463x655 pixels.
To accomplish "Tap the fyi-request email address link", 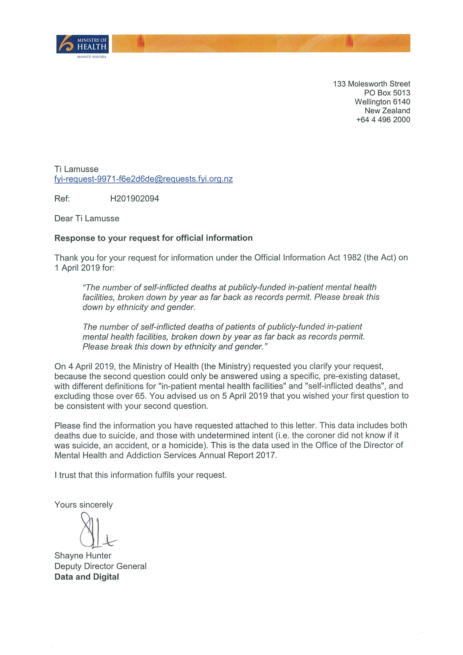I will click(144, 179).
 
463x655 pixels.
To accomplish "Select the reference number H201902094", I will click(134, 198).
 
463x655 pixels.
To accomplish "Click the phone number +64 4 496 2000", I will click(383, 120).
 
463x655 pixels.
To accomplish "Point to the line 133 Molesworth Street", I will click(371, 84).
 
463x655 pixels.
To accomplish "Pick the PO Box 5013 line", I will click(387, 93).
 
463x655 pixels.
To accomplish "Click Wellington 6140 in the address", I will click(382, 102).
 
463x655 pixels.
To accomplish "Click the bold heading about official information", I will click(153, 238).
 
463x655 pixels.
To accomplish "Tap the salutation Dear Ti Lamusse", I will click(87, 219).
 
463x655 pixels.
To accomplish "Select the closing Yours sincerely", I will click(84, 505).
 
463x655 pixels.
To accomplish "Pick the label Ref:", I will click(62, 198).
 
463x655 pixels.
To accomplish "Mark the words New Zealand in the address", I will click(387, 111).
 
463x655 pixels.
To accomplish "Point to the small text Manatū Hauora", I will click(92, 57).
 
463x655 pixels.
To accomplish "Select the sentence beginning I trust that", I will click(140, 475).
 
